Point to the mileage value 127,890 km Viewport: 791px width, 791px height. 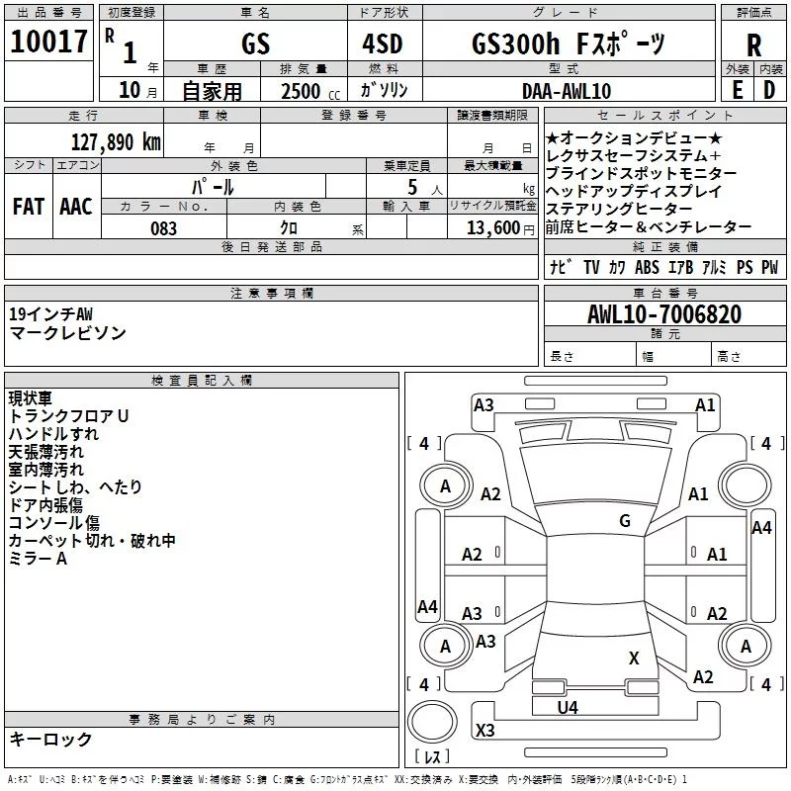point(116,141)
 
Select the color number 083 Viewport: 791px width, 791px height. point(163,228)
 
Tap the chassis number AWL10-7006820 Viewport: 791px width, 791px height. point(664,315)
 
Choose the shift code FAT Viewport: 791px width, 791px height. point(28,207)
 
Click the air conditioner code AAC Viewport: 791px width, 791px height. point(76,207)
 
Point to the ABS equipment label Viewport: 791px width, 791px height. point(647,268)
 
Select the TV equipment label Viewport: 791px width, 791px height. point(591,268)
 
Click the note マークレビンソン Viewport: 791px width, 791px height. point(67,333)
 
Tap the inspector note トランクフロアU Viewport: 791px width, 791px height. point(68,416)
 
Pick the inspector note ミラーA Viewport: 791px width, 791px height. point(38,559)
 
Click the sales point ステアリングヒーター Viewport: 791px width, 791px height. point(619,209)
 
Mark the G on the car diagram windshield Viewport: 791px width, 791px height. point(624,521)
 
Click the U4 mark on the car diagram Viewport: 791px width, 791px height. point(568,707)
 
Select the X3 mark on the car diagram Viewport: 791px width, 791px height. point(484,731)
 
